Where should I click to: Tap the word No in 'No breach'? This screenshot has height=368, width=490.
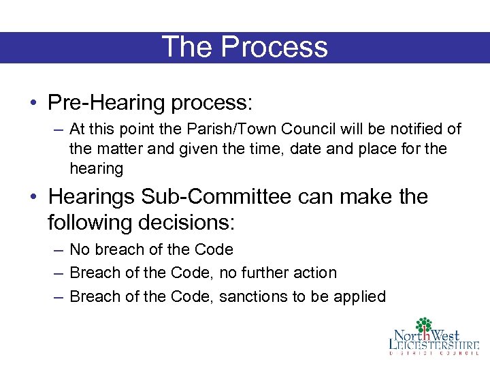coord(80,249)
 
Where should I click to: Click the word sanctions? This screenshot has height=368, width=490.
coord(250,296)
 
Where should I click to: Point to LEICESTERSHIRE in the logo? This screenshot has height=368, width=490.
coord(434,345)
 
